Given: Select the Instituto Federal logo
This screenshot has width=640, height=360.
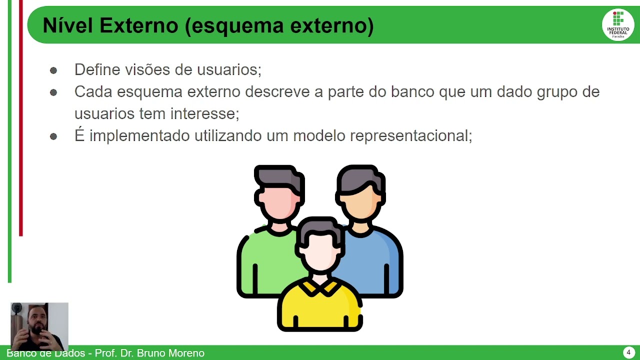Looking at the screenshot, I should pyautogui.click(x=618, y=25).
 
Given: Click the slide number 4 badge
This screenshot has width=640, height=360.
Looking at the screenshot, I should pyautogui.click(x=628, y=352).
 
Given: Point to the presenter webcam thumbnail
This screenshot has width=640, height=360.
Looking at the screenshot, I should pyautogui.click(x=39, y=326).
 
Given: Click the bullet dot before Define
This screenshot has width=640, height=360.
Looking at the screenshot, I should pyautogui.click(x=53, y=70).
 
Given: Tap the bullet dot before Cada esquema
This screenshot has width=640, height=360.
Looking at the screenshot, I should pyautogui.click(x=53, y=92).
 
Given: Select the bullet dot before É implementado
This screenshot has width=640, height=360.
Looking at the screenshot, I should pyautogui.click(x=53, y=136).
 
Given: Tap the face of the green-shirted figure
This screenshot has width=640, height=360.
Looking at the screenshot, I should pyautogui.click(x=278, y=202).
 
